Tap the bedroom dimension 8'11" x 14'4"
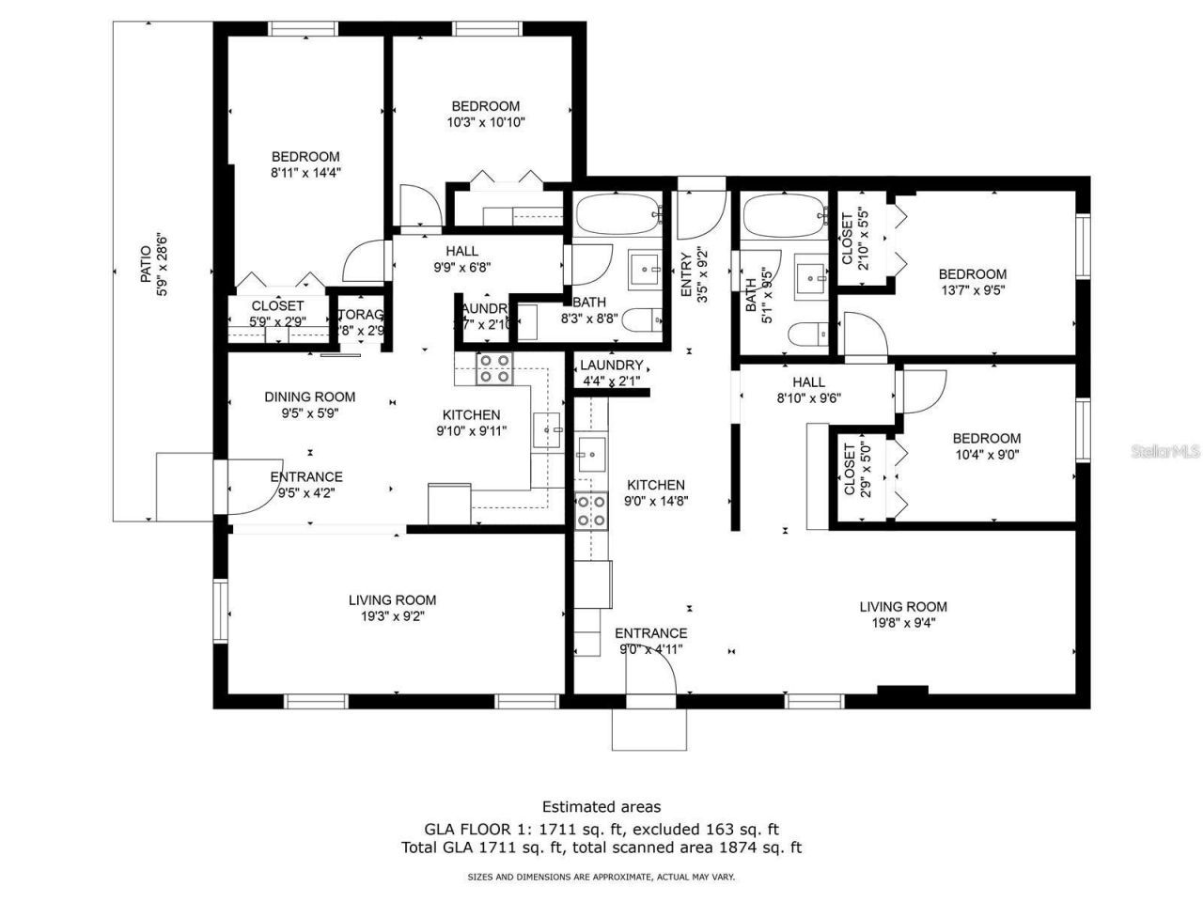[x=305, y=173]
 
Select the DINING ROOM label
[x=309, y=397]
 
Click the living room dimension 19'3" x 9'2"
[x=392, y=616]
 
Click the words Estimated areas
[x=601, y=806]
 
